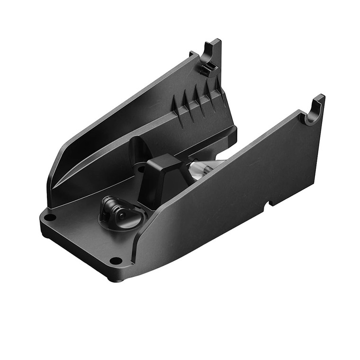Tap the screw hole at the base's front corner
click(115, 260)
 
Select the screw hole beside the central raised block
click(141, 168)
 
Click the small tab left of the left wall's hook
click(192, 54)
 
